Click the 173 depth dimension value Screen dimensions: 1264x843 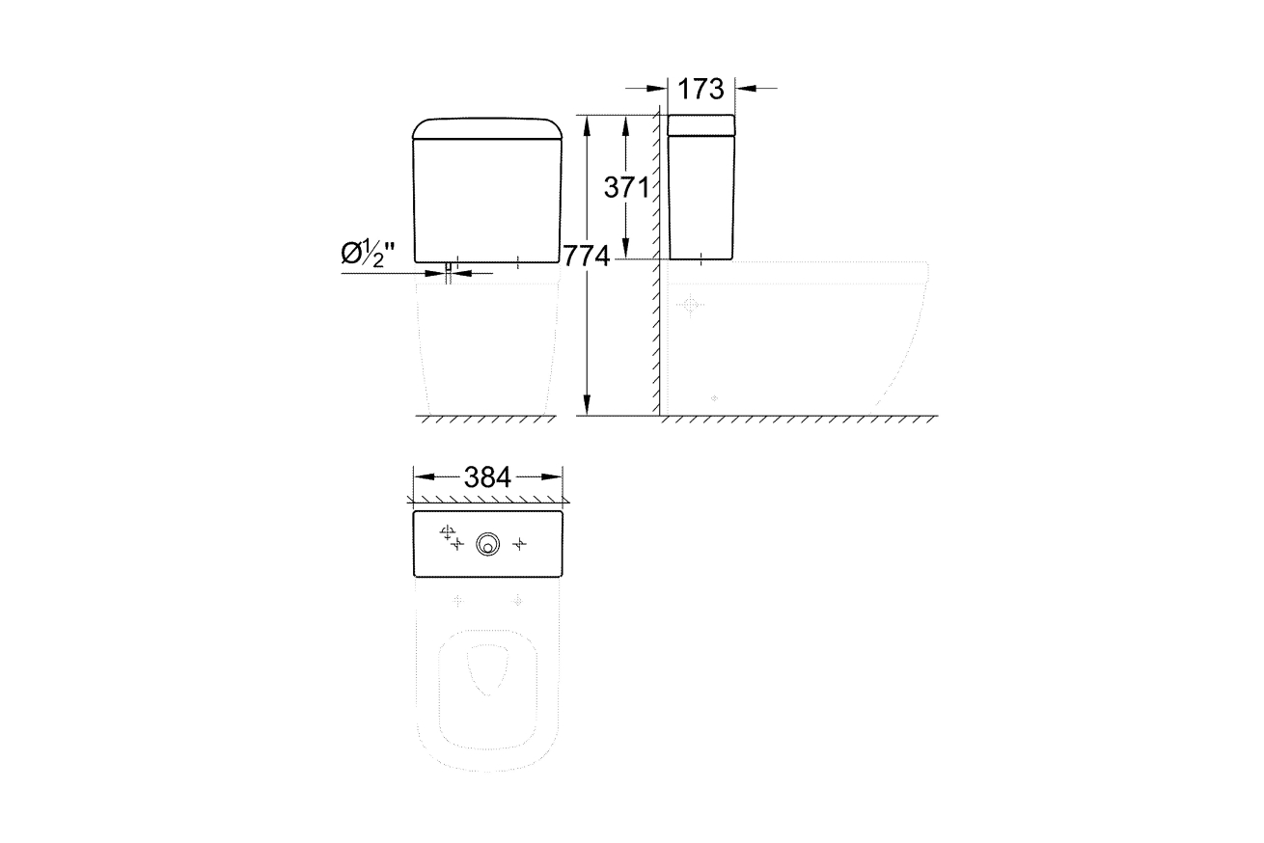[701, 89]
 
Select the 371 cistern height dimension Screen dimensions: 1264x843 [626, 187]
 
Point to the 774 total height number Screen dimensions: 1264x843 [587, 257]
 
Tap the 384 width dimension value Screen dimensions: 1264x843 [487, 477]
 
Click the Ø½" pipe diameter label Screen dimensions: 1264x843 [368, 254]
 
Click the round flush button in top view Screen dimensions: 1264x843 [487, 545]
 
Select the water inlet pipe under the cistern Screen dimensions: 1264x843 [449, 273]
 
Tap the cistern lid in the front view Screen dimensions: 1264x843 [487, 128]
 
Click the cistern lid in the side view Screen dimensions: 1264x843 [701, 124]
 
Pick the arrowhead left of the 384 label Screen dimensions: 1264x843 [425, 477]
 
